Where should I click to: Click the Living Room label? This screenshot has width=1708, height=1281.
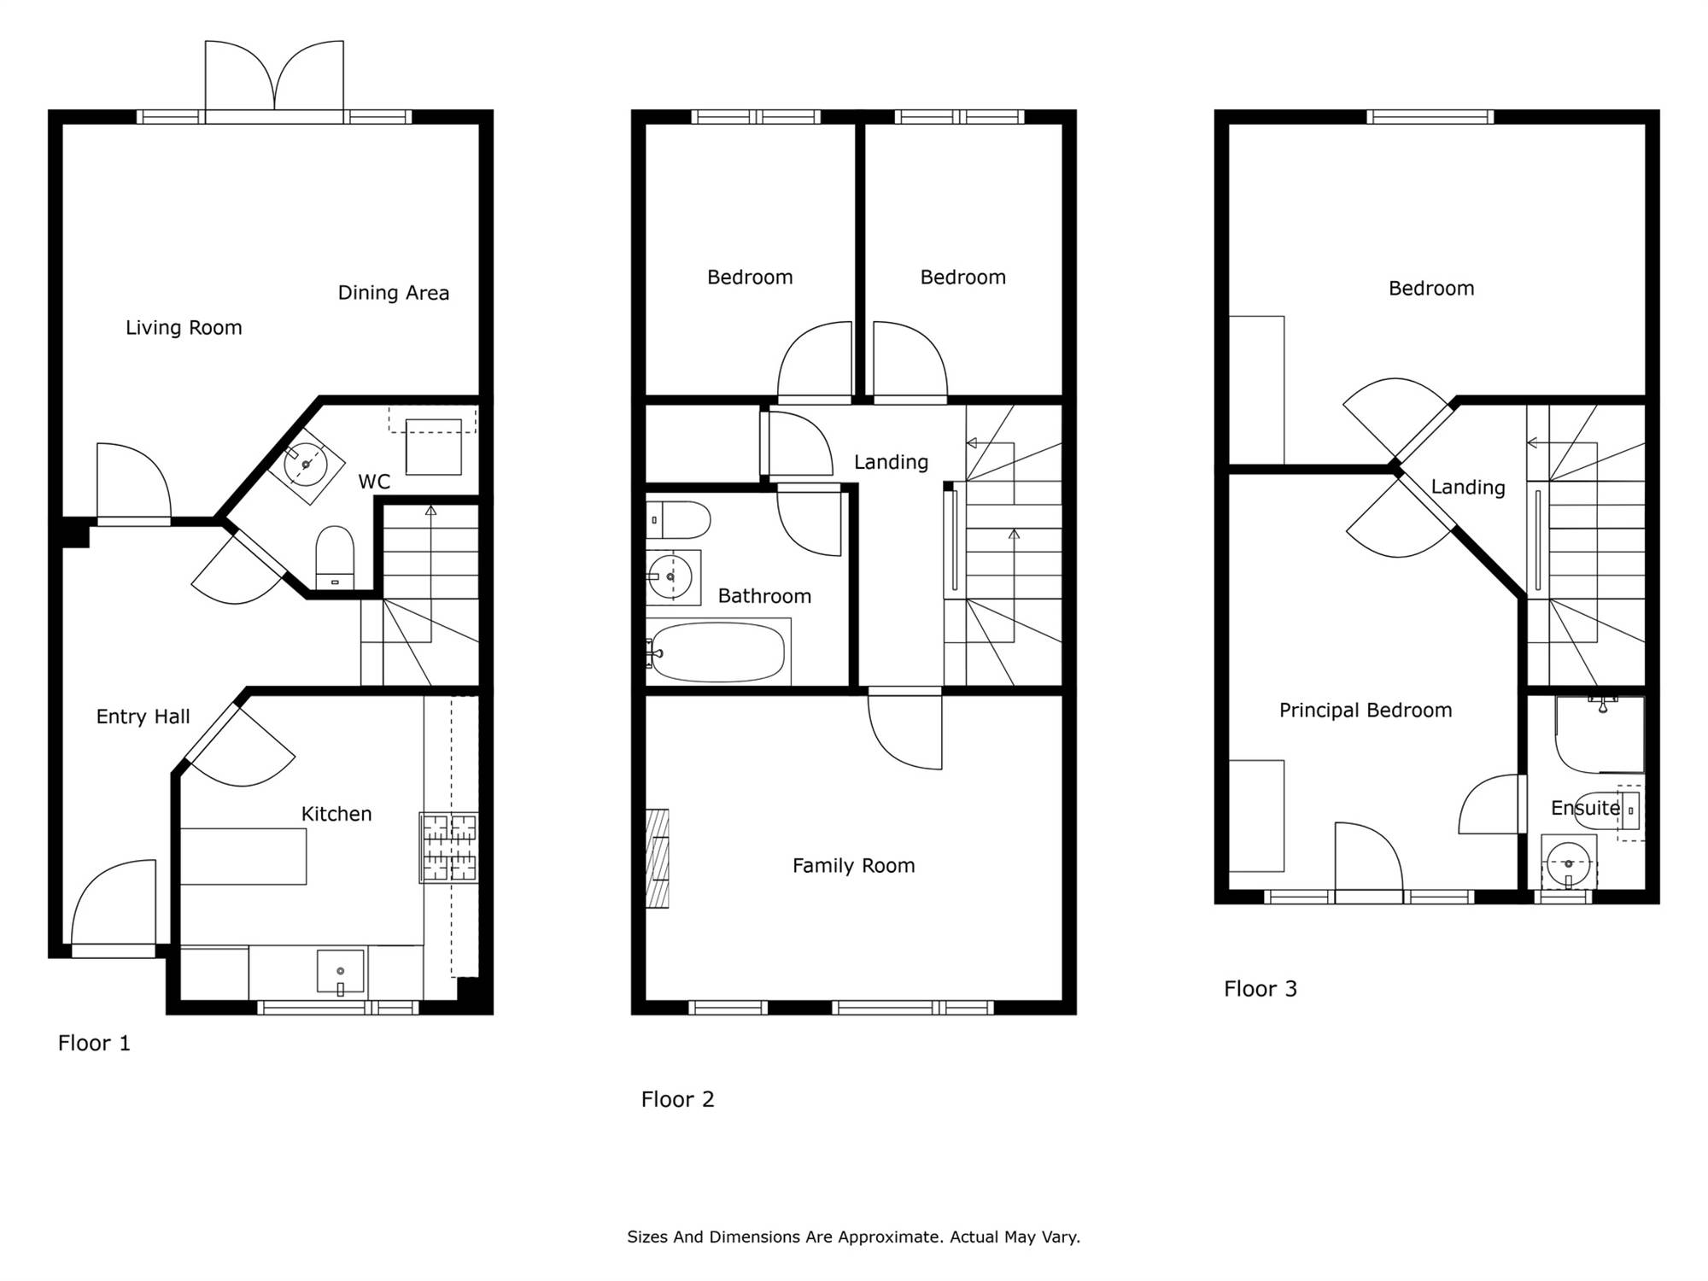(x=184, y=328)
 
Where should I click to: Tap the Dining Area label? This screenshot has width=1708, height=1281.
(x=394, y=293)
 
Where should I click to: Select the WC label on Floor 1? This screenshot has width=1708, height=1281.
(x=374, y=482)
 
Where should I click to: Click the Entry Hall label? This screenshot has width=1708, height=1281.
(x=143, y=717)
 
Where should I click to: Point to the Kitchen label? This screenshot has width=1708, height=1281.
(x=336, y=815)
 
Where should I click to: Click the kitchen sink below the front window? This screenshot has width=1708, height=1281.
(x=341, y=972)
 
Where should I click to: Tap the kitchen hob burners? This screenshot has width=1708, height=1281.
(x=448, y=847)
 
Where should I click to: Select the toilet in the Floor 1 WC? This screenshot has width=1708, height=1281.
(x=335, y=558)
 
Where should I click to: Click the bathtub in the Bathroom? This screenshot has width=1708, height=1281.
(x=718, y=652)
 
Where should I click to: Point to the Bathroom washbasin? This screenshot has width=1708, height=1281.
(x=673, y=577)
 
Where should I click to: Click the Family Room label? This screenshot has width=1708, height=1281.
(x=854, y=866)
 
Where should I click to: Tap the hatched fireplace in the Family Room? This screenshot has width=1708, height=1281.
(x=658, y=858)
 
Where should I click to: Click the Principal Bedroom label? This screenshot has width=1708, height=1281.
(x=1366, y=711)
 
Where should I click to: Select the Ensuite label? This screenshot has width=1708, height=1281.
(x=1586, y=808)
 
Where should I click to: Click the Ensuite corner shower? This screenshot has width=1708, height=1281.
(x=1600, y=735)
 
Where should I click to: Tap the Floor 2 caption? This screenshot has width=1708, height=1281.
(x=677, y=1099)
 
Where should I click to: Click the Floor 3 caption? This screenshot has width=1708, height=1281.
(x=1261, y=989)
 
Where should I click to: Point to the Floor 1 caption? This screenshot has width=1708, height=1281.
(x=94, y=1043)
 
